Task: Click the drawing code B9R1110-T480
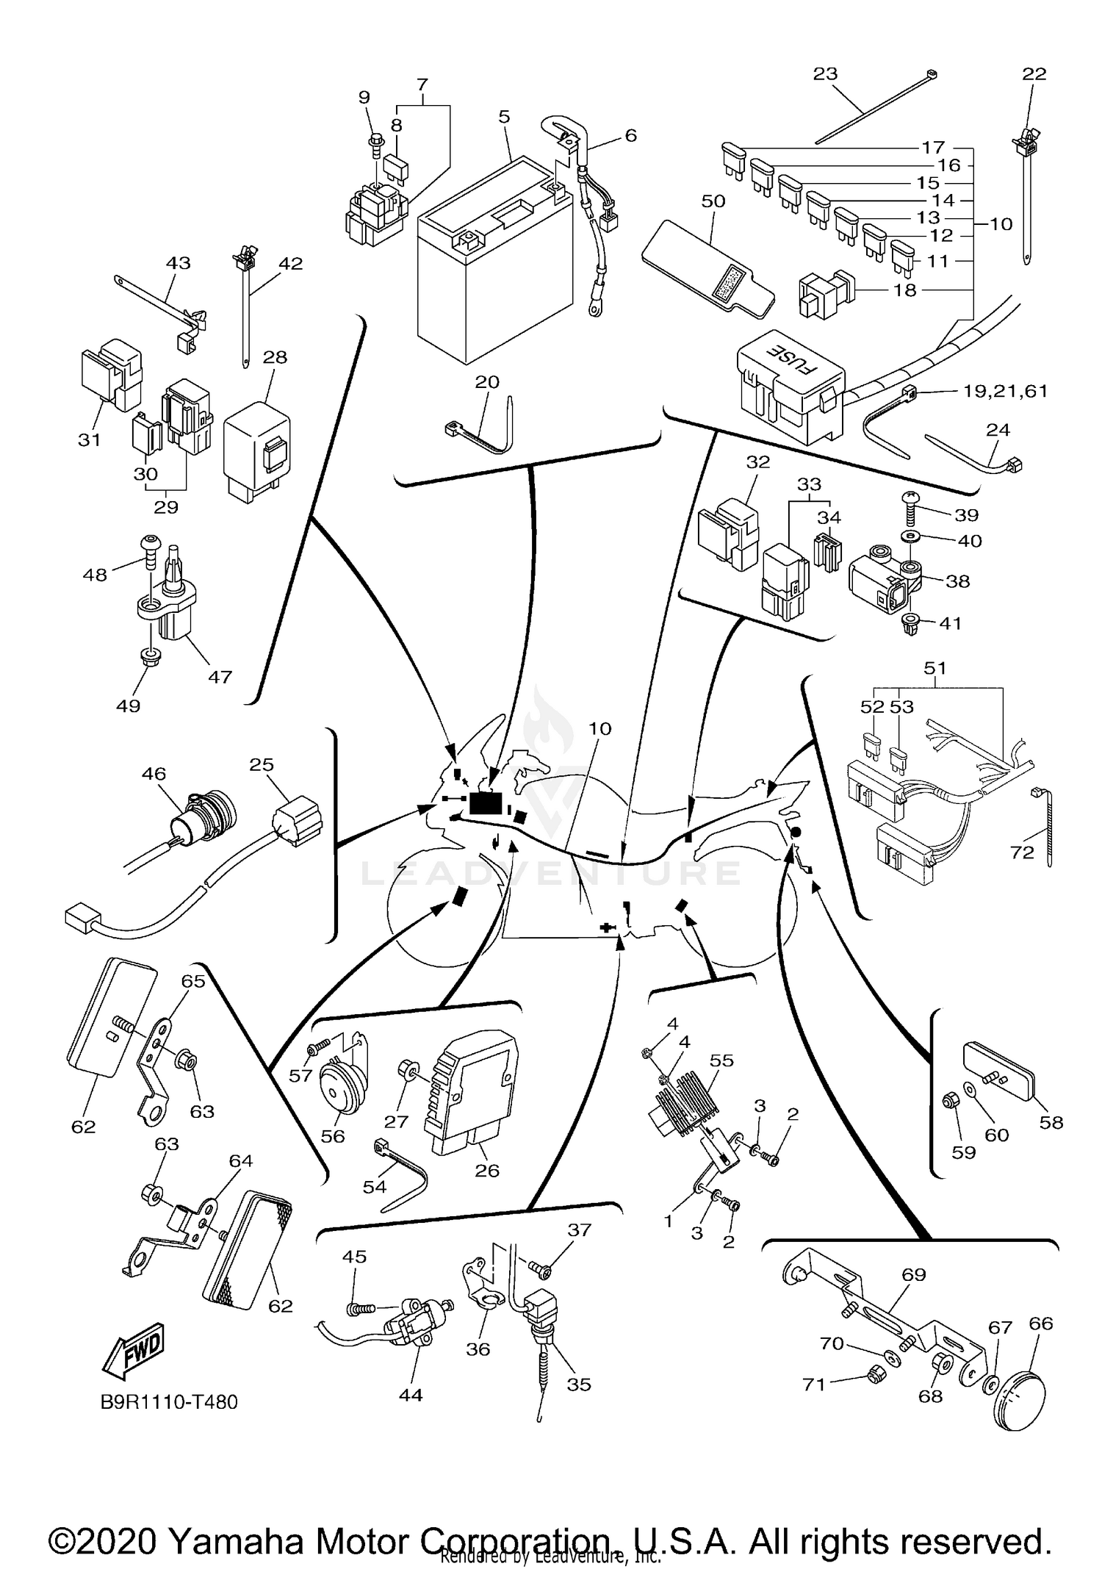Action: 169,1402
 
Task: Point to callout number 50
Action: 713,201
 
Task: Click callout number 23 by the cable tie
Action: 825,73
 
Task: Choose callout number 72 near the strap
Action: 1021,852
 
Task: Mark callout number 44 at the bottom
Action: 410,1395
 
